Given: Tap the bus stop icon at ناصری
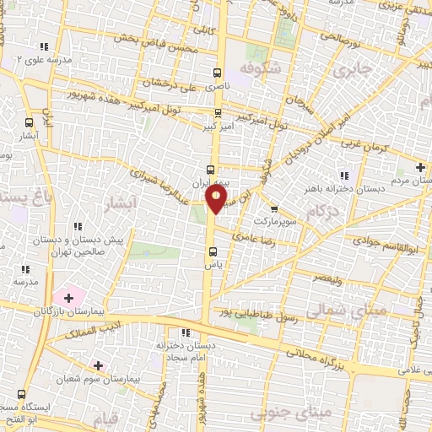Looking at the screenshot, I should point(217,73).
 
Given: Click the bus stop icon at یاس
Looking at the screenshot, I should point(213,251).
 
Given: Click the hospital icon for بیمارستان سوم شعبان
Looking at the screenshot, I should point(99,366).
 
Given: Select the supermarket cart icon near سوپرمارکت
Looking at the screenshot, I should point(273,209).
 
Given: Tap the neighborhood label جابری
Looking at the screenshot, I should point(353,71).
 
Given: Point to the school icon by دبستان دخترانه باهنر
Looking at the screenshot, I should point(343,175).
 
